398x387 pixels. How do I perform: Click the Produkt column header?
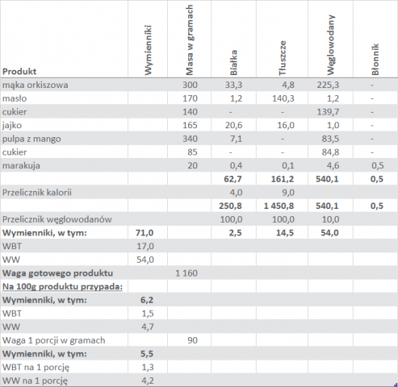[19, 72]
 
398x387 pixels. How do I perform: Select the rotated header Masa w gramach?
[190, 40]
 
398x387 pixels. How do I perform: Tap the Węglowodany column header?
[330, 45]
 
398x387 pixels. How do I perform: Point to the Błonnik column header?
[375, 60]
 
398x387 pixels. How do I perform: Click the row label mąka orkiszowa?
[36, 85]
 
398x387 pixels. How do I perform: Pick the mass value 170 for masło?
[190, 98]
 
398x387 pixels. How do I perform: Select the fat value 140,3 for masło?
[283, 98]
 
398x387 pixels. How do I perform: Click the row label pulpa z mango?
[31, 139]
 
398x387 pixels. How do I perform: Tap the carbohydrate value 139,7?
[328, 112]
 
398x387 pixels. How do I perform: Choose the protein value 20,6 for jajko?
[233, 125]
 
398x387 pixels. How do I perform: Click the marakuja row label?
[21, 165]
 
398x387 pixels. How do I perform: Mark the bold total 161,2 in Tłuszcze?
[283, 179]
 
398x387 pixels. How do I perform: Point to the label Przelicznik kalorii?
[37, 193]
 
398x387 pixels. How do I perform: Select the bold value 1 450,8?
[279, 206]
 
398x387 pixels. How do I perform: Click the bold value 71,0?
[145, 233]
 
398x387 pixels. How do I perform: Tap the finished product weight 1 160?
[186, 273]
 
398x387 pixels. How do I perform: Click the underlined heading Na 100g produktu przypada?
[62, 287]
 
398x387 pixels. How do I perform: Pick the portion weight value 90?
[192, 340]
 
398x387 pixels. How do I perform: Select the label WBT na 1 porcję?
[36, 368]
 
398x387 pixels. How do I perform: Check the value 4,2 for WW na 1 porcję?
[148, 381]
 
